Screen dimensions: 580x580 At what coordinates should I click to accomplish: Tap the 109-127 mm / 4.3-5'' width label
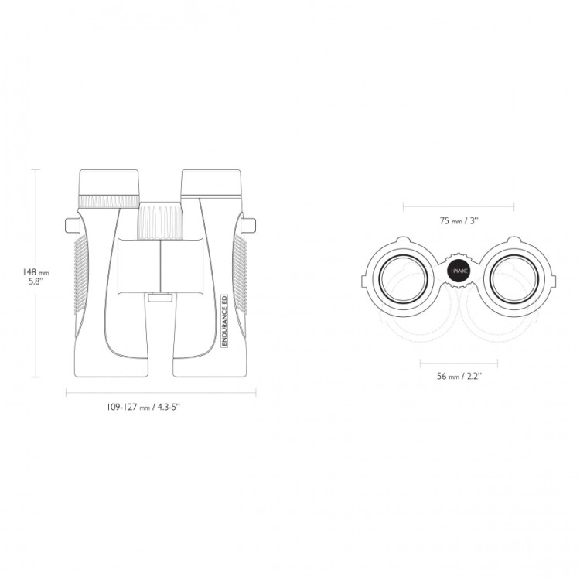pyautogui.click(x=144, y=407)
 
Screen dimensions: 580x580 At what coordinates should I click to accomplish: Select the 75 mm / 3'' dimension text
pyautogui.click(x=459, y=221)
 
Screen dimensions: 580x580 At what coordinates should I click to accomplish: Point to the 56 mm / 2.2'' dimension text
pyautogui.click(x=459, y=376)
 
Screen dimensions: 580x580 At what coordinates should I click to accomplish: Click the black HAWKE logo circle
pyautogui.click(x=459, y=271)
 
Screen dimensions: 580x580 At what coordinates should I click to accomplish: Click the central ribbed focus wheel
pyautogui.click(x=160, y=220)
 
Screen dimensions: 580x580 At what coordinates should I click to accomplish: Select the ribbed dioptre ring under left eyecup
pyautogui.click(x=109, y=201)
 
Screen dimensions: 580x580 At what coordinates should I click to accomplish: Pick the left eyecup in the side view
pyautogui.click(x=109, y=182)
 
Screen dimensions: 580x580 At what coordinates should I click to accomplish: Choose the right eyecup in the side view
pyautogui.click(x=211, y=183)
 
